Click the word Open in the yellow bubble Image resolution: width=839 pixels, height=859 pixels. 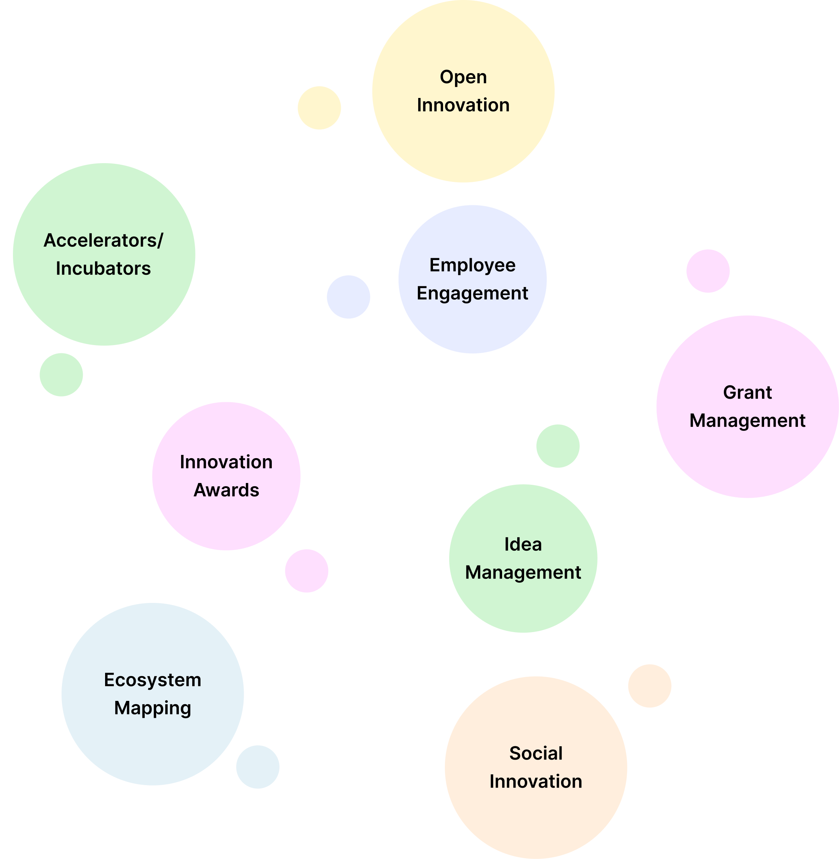pos(463,77)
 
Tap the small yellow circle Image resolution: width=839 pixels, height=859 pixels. pos(319,108)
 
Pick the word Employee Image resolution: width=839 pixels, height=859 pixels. pos(472,265)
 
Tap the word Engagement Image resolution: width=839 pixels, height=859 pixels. pos(472,294)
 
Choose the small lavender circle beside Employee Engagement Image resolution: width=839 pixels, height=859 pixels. pos(348,297)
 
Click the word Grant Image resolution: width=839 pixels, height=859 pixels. pos(747,393)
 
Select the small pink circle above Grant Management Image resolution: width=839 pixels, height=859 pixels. pos(708,271)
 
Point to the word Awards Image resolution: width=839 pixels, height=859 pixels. pos(226,490)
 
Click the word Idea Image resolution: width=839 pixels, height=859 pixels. pos(523,545)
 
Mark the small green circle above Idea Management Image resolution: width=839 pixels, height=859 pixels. pos(558,446)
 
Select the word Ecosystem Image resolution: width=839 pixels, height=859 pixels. pos(153,680)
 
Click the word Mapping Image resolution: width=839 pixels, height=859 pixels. pos(153,708)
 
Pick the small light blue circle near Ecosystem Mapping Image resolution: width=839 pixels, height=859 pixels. pos(258,767)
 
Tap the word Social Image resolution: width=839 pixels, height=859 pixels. pos(536,753)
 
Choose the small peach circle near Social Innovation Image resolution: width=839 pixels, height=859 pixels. pos(650,686)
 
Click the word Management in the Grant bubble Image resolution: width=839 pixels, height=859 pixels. pos(747,421)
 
